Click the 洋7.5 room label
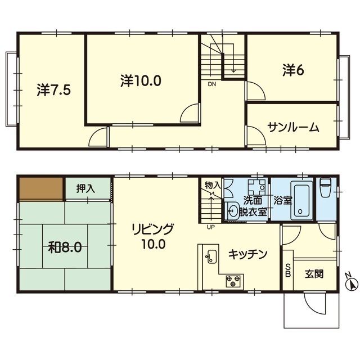pos(54,90)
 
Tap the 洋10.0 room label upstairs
pos(141,81)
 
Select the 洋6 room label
pos(294,70)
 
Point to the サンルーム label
pos(294,128)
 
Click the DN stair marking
pos(212,84)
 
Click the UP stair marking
pos(210,227)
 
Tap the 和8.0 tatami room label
pos(65,247)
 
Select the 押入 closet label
pos(85,189)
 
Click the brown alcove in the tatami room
pos(41,188)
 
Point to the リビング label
pos(152,229)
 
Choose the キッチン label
pos(247,254)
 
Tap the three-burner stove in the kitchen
pos(233,281)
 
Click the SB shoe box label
pos(288,271)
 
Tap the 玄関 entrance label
pos(314,274)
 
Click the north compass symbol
pos(352,282)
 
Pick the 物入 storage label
pos(213,185)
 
